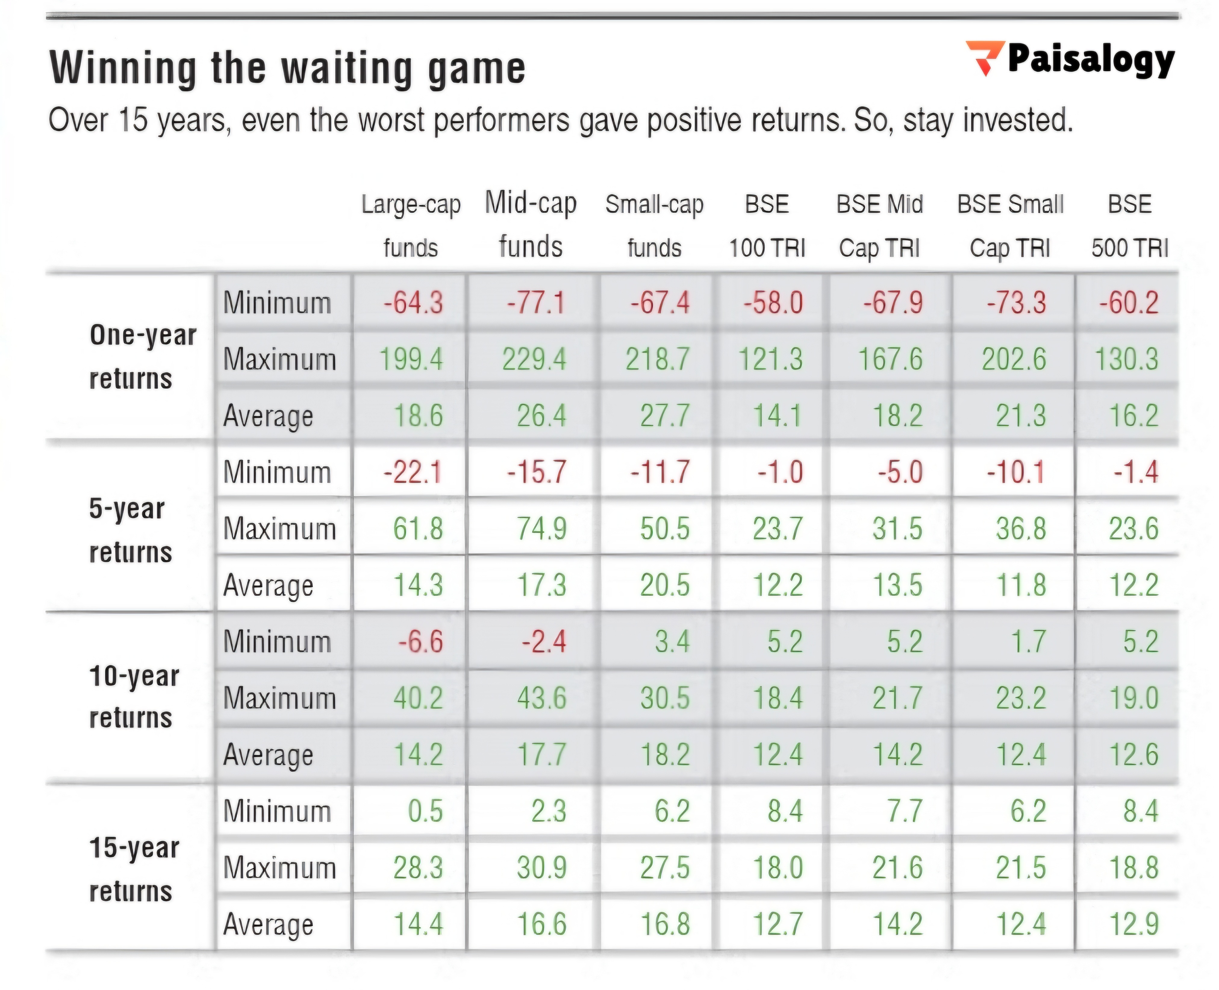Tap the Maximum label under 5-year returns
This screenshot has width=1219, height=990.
[279, 529]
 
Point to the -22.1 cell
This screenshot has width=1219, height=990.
[413, 472]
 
